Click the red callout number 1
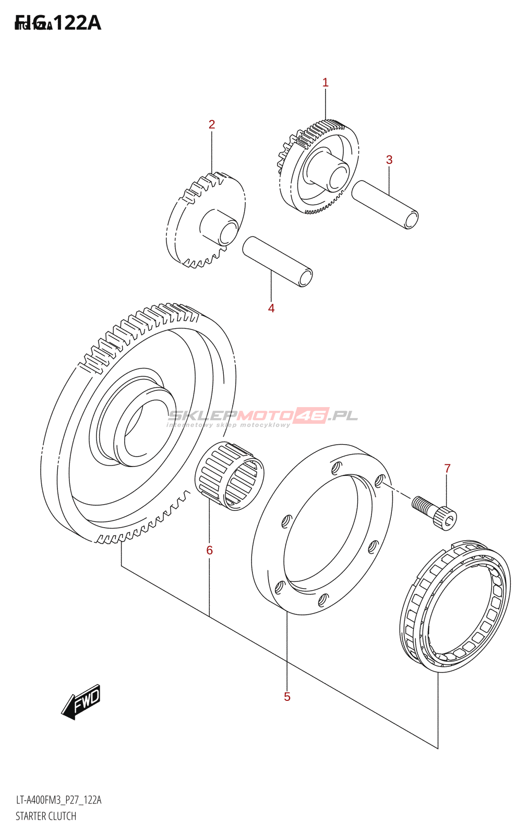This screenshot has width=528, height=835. (325, 82)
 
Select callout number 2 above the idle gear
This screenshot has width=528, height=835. (211, 124)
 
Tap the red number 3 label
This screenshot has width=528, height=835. (389, 160)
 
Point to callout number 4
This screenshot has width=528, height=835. (271, 308)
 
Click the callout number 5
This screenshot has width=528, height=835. (287, 697)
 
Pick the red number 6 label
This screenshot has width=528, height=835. (209, 550)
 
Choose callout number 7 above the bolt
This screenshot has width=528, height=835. (447, 469)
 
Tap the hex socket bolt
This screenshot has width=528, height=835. (435, 512)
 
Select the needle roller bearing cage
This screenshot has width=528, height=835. (230, 475)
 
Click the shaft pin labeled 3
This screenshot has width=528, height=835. (385, 205)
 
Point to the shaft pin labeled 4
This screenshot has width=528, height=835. (277, 261)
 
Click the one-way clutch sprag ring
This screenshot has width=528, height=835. (455, 605)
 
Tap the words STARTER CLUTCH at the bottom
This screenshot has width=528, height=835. (46, 816)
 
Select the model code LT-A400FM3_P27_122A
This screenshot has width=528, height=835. (58, 800)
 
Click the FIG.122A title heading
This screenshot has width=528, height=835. (58, 23)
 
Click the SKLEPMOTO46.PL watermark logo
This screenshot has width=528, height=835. (262, 416)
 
